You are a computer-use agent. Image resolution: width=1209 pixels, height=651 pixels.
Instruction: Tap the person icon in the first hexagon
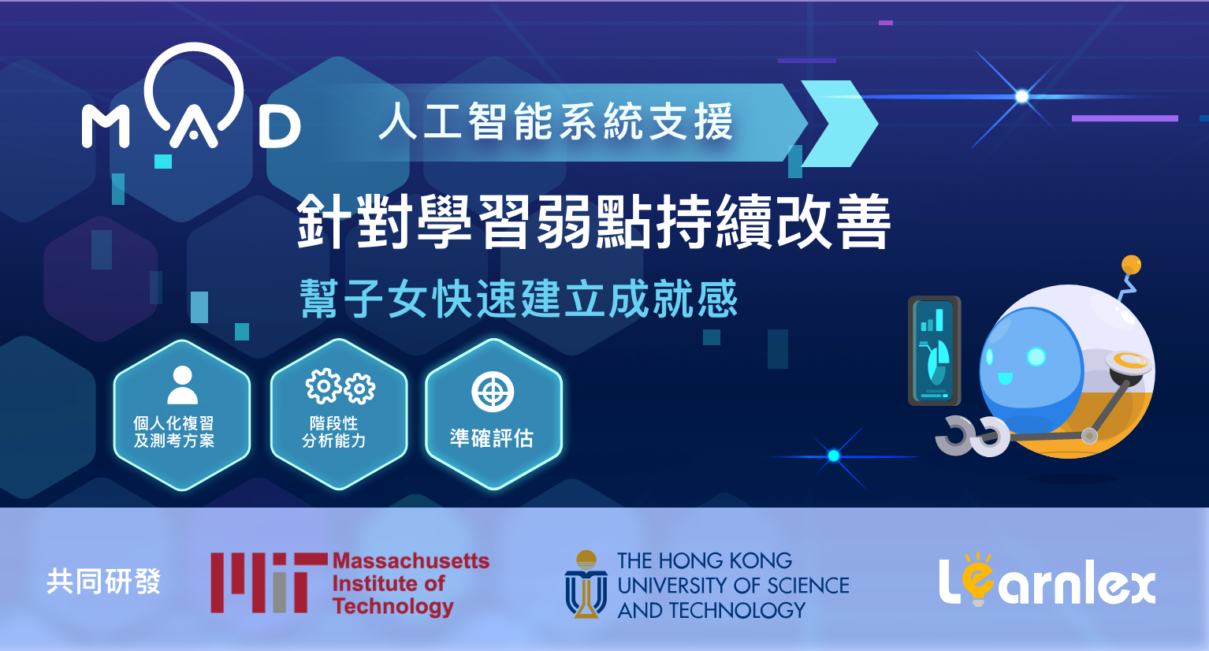coord(182,385)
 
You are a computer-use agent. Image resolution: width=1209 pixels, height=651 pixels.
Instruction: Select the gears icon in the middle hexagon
coord(340,386)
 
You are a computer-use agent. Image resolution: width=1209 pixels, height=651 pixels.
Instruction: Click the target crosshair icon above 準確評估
coord(493,392)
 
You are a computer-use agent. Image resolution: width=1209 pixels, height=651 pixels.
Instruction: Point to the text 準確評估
coord(492,438)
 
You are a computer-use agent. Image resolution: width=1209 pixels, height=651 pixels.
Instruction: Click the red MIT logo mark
coord(269,582)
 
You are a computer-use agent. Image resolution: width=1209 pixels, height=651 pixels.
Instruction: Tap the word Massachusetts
coord(411,561)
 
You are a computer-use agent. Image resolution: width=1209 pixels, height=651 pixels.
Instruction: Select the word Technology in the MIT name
coord(393,607)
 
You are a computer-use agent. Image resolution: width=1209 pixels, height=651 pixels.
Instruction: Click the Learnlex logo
coord(1047,580)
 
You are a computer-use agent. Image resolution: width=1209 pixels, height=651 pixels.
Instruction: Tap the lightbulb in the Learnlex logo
coord(978,578)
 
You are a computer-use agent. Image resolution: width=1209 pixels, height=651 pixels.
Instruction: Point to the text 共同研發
coord(103,582)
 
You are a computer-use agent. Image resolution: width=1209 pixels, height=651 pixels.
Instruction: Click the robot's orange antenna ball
coord(1131,265)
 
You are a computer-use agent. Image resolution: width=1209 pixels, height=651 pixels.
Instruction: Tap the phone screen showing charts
coord(934,351)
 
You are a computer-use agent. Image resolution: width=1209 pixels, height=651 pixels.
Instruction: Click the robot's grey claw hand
coord(972,436)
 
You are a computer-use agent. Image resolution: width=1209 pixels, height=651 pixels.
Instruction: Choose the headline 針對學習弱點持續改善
coord(593,221)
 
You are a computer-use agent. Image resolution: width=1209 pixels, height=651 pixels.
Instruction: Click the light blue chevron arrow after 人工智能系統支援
coord(840,124)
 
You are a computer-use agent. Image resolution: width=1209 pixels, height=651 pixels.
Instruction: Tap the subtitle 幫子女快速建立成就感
coord(519,299)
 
